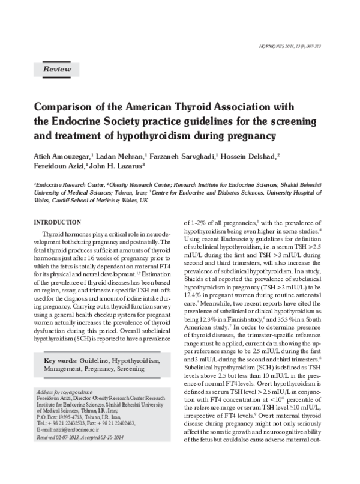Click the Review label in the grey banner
pos(55,70)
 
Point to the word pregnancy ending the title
pos(251,136)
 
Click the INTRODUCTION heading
pos(58,222)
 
